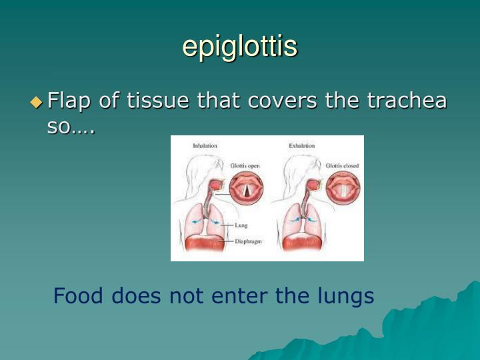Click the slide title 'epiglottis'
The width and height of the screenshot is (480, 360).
pyautogui.click(x=240, y=47)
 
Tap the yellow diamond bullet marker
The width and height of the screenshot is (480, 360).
pyautogui.click(x=36, y=102)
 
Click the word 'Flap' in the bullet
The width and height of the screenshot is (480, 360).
pyautogui.click(x=70, y=101)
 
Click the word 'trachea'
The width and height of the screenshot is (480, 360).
pyautogui.click(x=407, y=101)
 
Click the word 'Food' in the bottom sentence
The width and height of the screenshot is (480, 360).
pyautogui.click(x=79, y=295)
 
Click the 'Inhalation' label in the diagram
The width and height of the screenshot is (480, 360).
pyautogui.click(x=205, y=145)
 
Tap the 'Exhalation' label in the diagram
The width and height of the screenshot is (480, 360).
pyautogui.click(x=301, y=145)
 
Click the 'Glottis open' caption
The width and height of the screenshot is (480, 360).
pyautogui.click(x=245, y=165)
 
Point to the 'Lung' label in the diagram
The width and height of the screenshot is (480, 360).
pyautogui.click(x=241, y=226)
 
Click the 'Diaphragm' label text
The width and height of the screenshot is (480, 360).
pyautogui.click(x=248, y=241)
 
